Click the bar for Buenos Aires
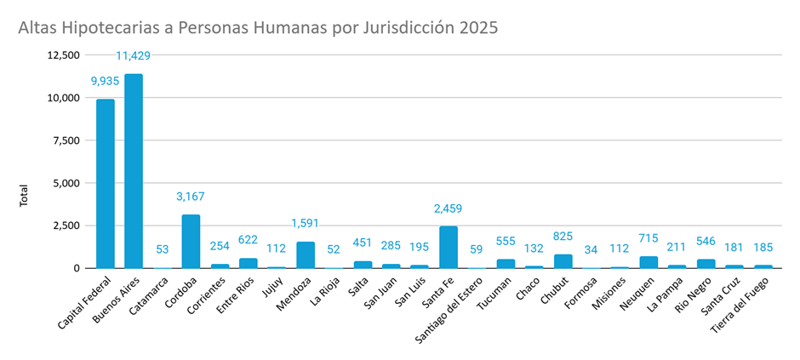point(134,171)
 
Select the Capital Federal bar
point(105,184)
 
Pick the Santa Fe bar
point(449,247)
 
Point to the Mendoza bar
point(306,254)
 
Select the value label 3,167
point(191,197)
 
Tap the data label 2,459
point(449,208)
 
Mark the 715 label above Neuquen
point(649,238)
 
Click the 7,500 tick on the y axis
point(64,140)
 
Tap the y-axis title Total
point(24,196)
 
